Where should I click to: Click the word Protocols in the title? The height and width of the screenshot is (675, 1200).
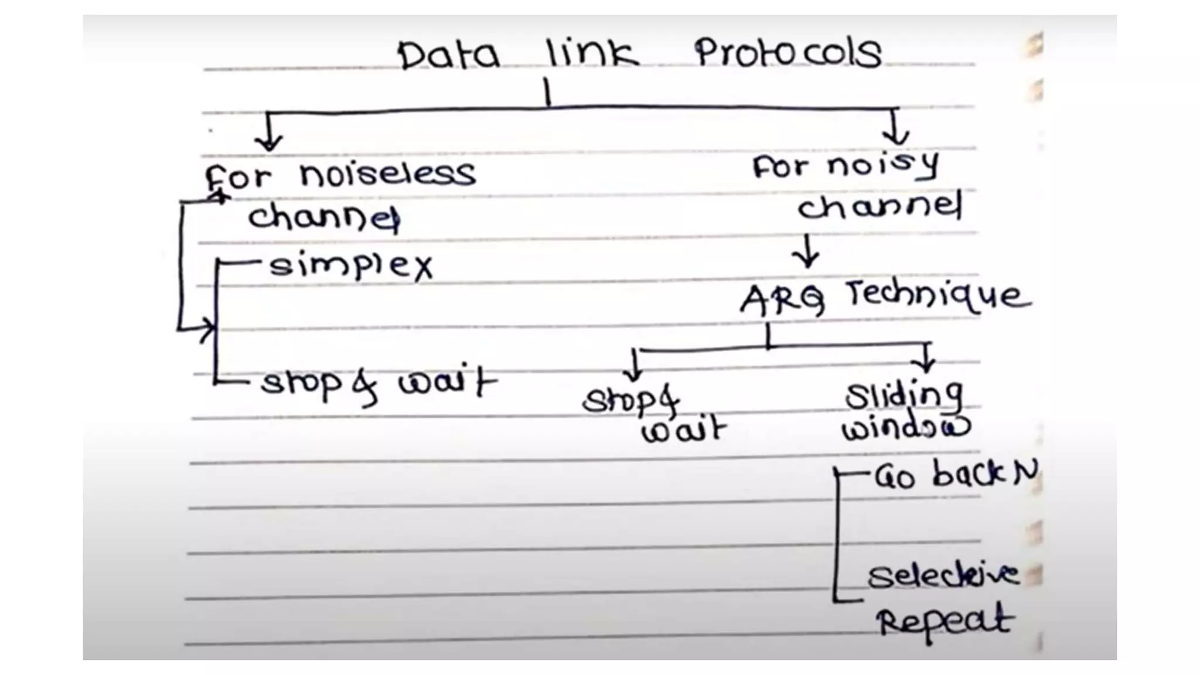787,54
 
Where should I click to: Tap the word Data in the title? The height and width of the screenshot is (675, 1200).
449,56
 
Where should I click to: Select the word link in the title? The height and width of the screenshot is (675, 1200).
592,54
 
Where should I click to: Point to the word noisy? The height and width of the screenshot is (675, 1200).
882,166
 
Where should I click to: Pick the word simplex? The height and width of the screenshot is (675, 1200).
350,267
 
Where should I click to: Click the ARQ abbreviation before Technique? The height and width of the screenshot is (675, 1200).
782,300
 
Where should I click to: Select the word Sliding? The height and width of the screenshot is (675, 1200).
904,397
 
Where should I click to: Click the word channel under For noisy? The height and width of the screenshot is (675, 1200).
879,206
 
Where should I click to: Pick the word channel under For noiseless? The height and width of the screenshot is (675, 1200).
324,217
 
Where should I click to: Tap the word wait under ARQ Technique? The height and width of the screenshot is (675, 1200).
683,431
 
